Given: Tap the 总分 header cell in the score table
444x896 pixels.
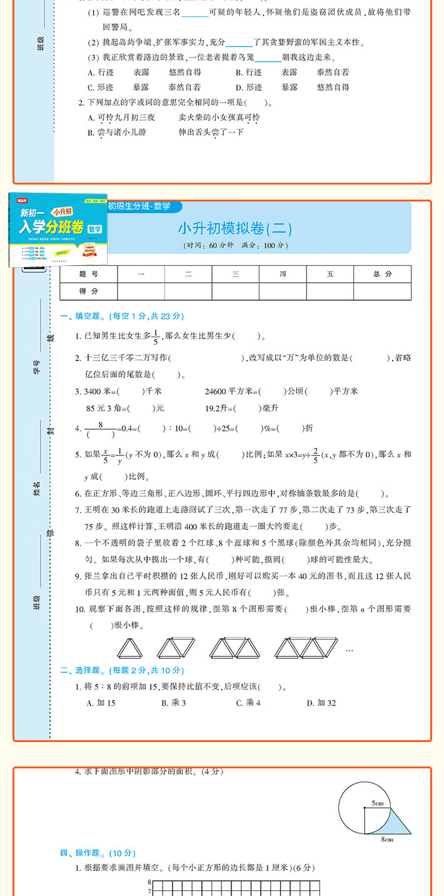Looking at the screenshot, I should point(382,274).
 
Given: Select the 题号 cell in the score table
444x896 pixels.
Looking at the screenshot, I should point(89,274).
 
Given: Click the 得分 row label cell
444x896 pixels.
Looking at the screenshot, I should point(89,292).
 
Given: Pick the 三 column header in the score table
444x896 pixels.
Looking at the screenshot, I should point(235,274).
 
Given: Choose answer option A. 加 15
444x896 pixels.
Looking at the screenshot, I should point(101,703).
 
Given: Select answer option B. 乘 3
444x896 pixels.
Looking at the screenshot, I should point(173,703).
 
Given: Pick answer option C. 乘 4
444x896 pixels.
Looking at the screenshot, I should point(248,703).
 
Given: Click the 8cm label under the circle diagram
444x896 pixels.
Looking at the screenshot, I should point(388,839).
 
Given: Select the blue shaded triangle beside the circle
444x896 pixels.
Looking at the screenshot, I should point(400,825).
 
